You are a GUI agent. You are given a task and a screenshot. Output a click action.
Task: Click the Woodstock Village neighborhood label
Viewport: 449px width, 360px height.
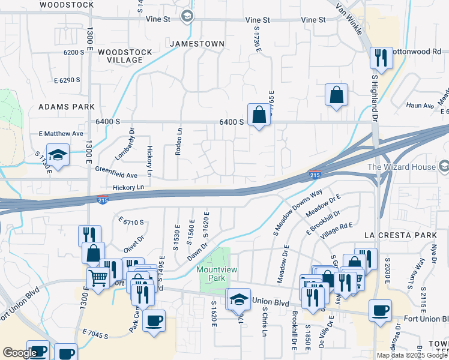click(x=125, y=56)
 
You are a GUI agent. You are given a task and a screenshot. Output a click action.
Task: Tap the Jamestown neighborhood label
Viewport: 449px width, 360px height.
click(x=197, y=44)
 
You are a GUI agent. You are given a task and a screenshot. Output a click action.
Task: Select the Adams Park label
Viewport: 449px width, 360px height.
click(x=67, y=106)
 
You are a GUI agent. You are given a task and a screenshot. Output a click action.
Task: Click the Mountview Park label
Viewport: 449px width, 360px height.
click(x=214, y=274)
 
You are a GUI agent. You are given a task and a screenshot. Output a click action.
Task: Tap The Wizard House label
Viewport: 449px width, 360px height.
click(x=401, y=166)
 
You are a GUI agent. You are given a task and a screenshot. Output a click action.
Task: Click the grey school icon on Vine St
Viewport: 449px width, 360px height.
click(x=187, y=16)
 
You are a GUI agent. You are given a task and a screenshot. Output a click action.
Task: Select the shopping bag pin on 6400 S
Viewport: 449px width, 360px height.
click(x=259, y=114)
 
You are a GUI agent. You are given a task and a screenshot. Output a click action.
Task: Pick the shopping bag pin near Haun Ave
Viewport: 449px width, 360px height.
click(x=336, y=94)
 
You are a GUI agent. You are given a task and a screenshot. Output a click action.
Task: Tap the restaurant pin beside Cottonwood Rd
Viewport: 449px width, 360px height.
click(x=381, y=58)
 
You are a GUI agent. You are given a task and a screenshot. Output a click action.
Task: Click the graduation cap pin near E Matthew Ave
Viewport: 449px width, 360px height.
click(x=58, y=154)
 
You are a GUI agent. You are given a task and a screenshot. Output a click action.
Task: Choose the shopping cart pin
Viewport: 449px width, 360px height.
click(x=98, y=277)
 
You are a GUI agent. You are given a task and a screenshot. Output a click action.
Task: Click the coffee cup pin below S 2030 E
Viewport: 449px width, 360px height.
click(x=380, y=310)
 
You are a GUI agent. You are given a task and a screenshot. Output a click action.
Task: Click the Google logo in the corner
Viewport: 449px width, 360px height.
click(x=20, y=353)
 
